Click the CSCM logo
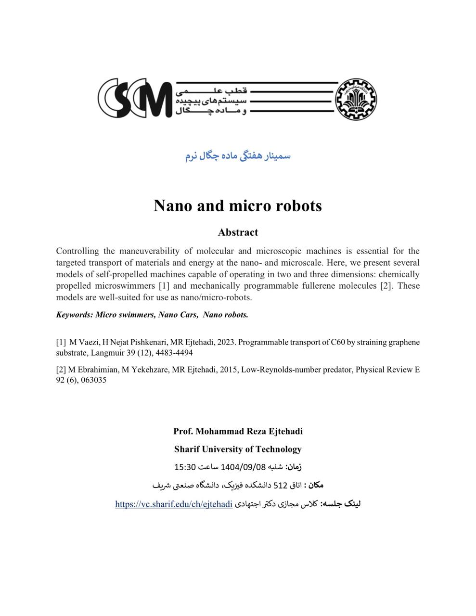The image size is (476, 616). point(135,98)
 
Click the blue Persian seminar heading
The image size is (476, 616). point(238,156)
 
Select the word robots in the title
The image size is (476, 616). point(299,205)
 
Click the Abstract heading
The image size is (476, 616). point(238,232)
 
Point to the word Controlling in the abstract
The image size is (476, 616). point(77,251)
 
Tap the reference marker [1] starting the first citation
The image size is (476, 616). point(61,342)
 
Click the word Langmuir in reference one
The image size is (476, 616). point(106,353)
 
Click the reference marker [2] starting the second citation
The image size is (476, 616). point(61,370)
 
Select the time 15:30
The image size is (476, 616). point(185,467)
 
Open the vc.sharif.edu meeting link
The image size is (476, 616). point(174,504)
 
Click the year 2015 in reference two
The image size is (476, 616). point(228,370)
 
